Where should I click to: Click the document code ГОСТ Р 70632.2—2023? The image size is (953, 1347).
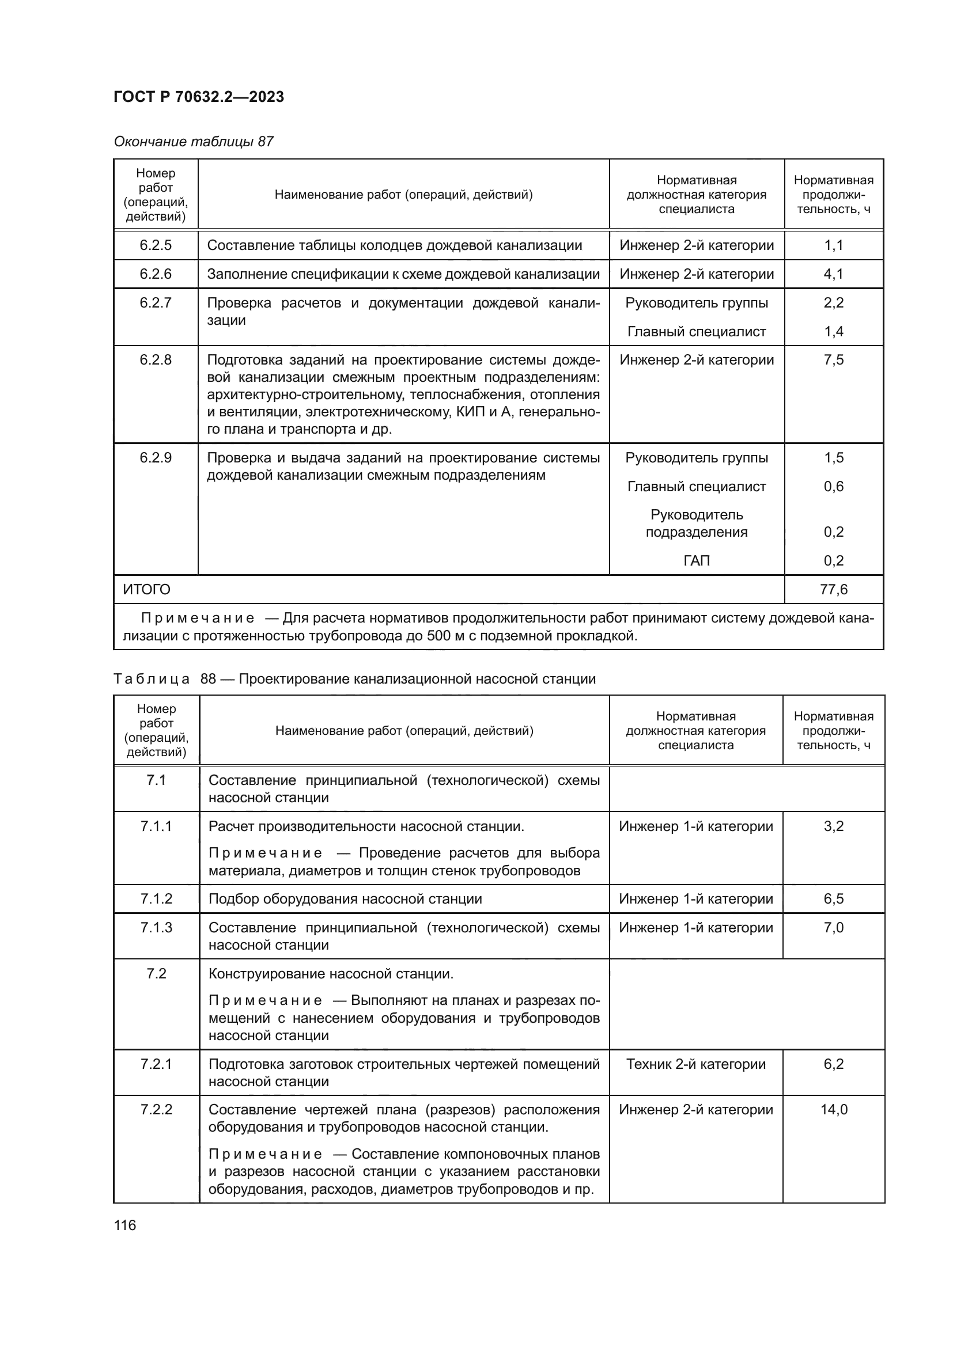point(198,97)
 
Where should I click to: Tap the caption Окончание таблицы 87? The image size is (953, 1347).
point(193,142)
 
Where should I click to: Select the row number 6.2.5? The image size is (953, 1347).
point(156,245)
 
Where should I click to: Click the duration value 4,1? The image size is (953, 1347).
point(833,274)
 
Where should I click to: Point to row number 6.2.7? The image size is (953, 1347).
point(156,303)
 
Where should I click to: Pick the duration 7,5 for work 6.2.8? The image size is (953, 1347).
point(833,359)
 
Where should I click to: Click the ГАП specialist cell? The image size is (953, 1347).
point(697,560)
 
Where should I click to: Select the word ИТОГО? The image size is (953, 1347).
point(147,589)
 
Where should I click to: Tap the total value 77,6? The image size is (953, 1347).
point(833,589)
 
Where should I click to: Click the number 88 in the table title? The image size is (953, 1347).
point(209,679)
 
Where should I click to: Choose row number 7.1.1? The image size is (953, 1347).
point(156,826)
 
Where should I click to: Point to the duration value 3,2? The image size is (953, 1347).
point(833,826)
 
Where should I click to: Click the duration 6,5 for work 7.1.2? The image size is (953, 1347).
point(833,899)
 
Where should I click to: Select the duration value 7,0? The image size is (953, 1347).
point(833,928)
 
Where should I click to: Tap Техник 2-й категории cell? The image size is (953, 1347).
point(696,1064)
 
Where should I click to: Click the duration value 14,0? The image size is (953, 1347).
point(833,1109)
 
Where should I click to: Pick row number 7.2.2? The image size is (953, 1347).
point(156,1109)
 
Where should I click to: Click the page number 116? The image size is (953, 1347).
point(125,1225)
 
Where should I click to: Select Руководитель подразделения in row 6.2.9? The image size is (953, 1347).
point(697,523)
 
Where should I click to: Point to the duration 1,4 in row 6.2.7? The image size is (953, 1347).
point(833,332)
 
